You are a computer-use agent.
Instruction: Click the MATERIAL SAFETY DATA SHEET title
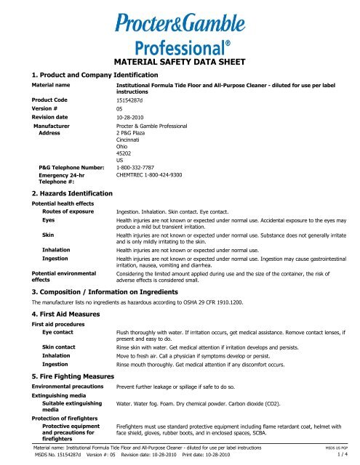click(x=179, y=62)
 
